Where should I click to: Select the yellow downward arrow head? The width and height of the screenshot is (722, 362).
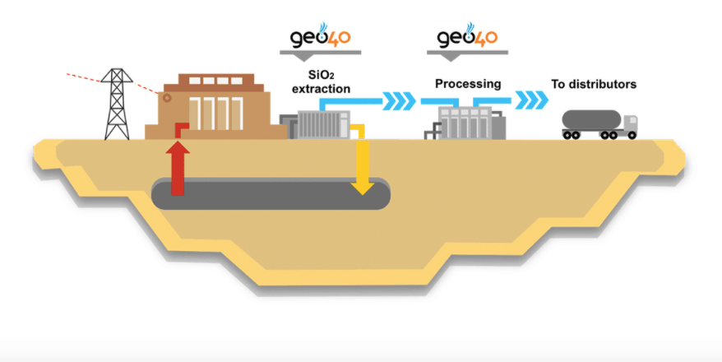[x=362, y=187]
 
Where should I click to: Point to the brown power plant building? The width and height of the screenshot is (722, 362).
[x=210, y=111]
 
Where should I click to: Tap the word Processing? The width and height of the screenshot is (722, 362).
[x=467, y=83]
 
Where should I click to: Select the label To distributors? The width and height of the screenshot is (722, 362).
[x=593, y=84]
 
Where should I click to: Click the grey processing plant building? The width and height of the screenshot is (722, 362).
[x=467, y=123]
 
